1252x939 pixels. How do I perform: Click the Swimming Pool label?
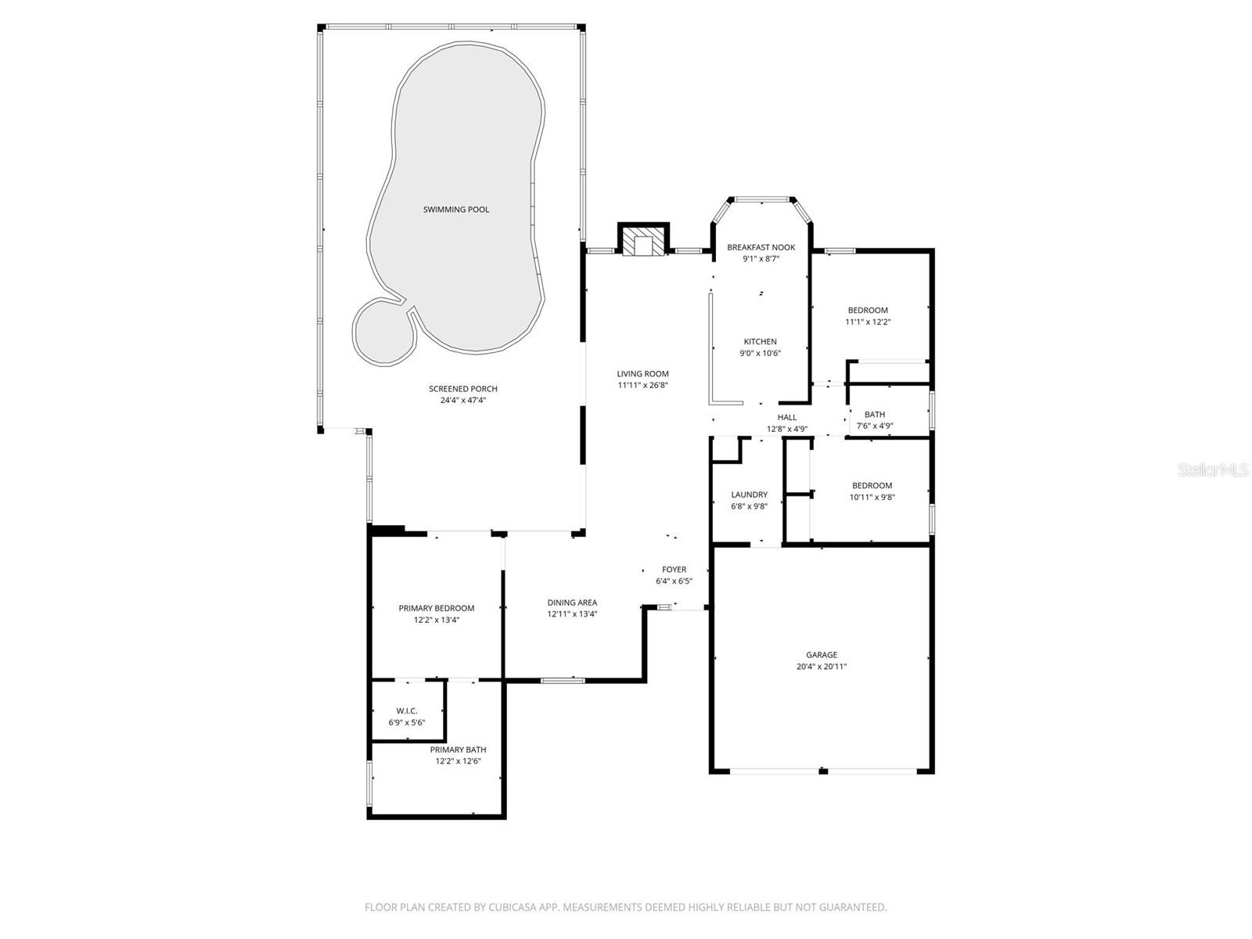(456, 210)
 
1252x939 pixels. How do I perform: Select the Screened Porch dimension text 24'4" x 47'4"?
(463, 401)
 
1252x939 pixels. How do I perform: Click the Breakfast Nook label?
(761, 247)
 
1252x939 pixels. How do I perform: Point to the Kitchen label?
(760, 342)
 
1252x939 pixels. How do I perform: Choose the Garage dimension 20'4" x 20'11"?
(822, 667)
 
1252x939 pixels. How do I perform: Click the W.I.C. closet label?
(407, 711)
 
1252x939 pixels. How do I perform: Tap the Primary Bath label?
(458, 750)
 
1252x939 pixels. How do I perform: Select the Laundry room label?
(749, 495)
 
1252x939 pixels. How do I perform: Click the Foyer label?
(674, 570)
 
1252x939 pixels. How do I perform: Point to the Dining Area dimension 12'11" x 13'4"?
(572, 614)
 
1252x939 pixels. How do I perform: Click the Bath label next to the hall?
(875, 415)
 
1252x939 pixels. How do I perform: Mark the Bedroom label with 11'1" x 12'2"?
(868, 311)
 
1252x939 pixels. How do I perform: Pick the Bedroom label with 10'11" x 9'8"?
(872, 486)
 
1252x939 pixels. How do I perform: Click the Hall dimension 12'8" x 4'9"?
(786, 429)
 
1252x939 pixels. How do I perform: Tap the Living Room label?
(642, 374)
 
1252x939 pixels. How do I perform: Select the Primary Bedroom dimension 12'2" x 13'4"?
(437, 620)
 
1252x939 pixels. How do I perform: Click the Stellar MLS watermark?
(1213, 470)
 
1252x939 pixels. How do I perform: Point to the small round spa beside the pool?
(383, 333)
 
